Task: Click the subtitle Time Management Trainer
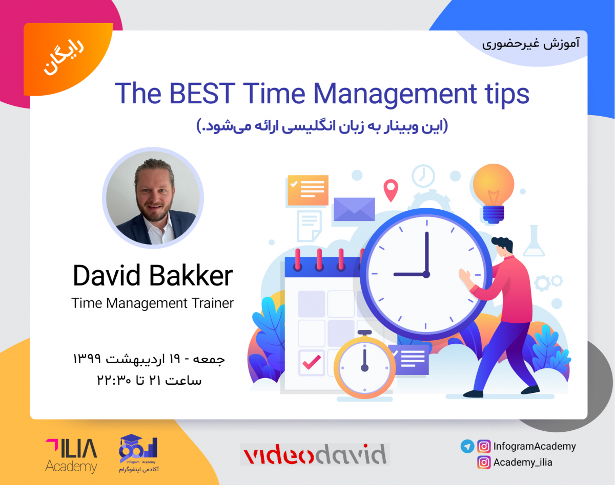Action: click(x=152, y=303)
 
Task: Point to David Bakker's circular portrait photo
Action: click(x=153, y=199)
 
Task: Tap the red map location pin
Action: click(x=391, y=190)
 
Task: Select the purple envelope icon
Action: click(x=354, y=209)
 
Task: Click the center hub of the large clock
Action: click(x=426, y=275)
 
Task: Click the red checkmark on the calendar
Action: click(x=311, y=362)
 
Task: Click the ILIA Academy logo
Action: click(x=71, y=454)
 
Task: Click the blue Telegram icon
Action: click(x=467, y=446)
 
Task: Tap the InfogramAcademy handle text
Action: click(x=534, y=446)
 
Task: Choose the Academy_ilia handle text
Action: click(x=522, y=462)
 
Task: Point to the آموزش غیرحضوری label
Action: click(x=530, y=43)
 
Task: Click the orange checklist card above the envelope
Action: click(x=307, y=190)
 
